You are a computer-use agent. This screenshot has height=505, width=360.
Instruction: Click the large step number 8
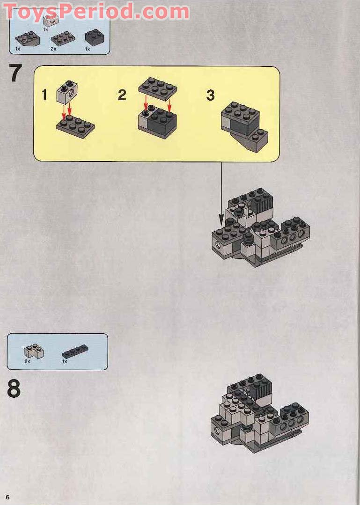(x=14, y=388)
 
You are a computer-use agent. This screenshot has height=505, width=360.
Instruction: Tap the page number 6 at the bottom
(x=8, y=496)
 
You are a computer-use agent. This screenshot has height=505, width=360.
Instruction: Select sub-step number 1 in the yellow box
(x=44, y=95)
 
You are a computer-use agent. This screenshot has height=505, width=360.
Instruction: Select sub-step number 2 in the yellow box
(x=122, y=95)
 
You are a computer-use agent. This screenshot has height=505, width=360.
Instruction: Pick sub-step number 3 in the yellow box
(x=210, y=95)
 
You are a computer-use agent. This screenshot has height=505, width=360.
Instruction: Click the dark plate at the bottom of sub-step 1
(x=75, y=125)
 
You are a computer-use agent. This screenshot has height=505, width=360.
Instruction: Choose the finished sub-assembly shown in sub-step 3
(x=244, y=125)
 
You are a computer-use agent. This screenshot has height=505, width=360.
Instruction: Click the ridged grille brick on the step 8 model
(x=262, y=392)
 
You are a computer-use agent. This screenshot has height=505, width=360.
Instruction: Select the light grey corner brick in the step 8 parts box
(x=34, y=351)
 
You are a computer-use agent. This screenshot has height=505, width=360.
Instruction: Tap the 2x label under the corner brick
(x=27, y=362)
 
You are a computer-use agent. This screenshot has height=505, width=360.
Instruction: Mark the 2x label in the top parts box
(x=53, y=49)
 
